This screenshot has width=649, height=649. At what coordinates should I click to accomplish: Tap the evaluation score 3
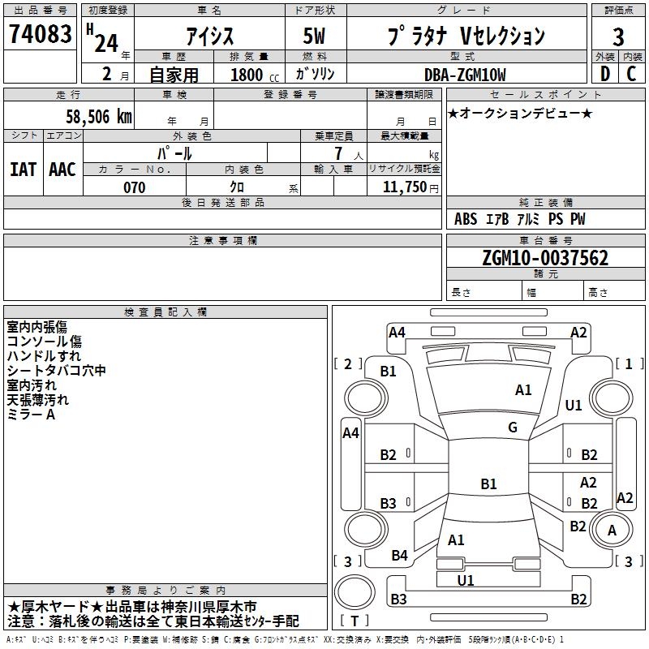point(618,37)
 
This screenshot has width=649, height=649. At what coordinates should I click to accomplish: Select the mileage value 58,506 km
point(98,117)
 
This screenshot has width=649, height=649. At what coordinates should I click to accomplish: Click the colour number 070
point(134,187)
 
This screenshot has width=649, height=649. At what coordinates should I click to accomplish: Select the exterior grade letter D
point(604,75)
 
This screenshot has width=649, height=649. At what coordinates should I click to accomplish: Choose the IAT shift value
point(23,170)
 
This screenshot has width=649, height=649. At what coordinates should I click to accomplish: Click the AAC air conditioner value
point(62,170)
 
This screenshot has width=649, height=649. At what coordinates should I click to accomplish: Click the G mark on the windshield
point(513,428)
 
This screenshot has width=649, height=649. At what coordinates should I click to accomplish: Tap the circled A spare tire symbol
point(612,531)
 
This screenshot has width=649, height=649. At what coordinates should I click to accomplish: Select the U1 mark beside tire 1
point(574,405)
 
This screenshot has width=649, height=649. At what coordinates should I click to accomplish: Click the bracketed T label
point(355,621)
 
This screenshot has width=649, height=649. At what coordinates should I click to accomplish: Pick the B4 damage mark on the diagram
point(399,556)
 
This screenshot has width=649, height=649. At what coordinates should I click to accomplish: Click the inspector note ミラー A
point(31,415)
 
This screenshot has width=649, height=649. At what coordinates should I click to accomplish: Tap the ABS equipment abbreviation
point(466,219)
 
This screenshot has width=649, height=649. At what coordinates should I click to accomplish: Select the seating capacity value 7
point(338,153)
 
